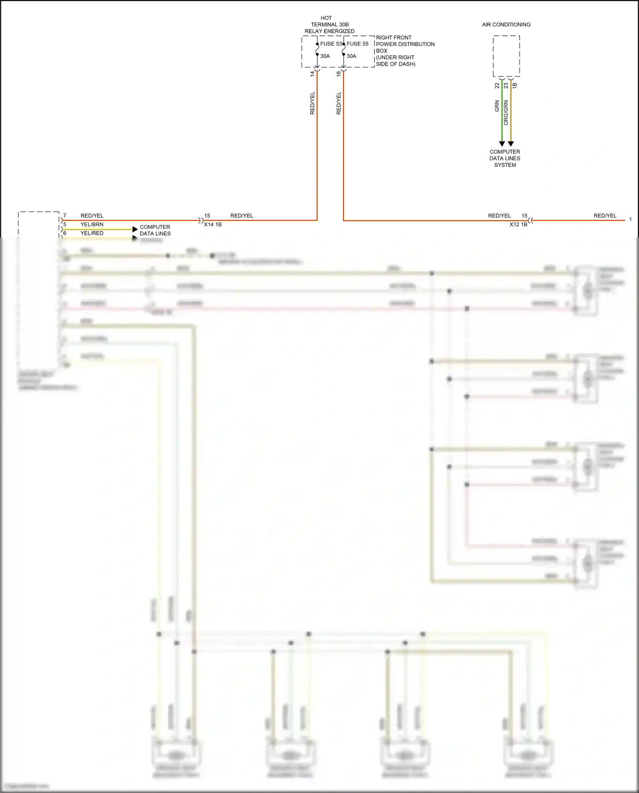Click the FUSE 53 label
coord(331,44)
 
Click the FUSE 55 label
coord(357,44)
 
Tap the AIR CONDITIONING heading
coord(506,25)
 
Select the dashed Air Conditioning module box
coord(506,56)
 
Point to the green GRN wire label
coord(497,106)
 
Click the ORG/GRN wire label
coord(506,112)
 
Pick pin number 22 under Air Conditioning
coord(497,86)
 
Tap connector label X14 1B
coord(213,225)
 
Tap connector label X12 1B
coord(518,225)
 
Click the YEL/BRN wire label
coord(92,225)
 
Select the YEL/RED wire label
coord(92,234)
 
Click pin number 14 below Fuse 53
coord(312,73)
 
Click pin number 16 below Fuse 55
coord(339,73)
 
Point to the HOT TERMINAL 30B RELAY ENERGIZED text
coord(329,25)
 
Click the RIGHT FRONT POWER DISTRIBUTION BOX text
coord(405,51)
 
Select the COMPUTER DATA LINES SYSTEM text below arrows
coord(505,158)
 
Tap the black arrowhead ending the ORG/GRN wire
coord(511,144)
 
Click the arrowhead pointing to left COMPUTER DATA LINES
coord(135,229)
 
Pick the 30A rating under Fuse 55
coord(351,56)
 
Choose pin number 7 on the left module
coord(65,216)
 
